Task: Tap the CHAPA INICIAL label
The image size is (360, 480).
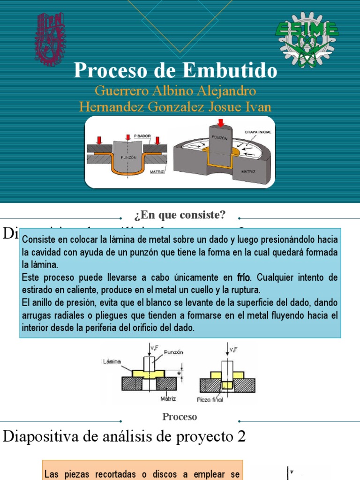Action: coord(257,133)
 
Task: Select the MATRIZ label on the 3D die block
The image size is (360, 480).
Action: coord(248,172)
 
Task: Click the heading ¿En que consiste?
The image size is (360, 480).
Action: coord(180,215)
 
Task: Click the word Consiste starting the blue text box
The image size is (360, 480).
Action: coord(38,240)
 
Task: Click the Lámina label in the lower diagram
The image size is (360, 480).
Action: coord(112,361)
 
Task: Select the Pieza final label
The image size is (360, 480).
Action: coord(210,400)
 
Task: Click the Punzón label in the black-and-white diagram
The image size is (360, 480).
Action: coord(174,352)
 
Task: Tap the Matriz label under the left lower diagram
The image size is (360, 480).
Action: coord(168,399)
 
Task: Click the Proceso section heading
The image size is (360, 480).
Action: coord(180,417)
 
